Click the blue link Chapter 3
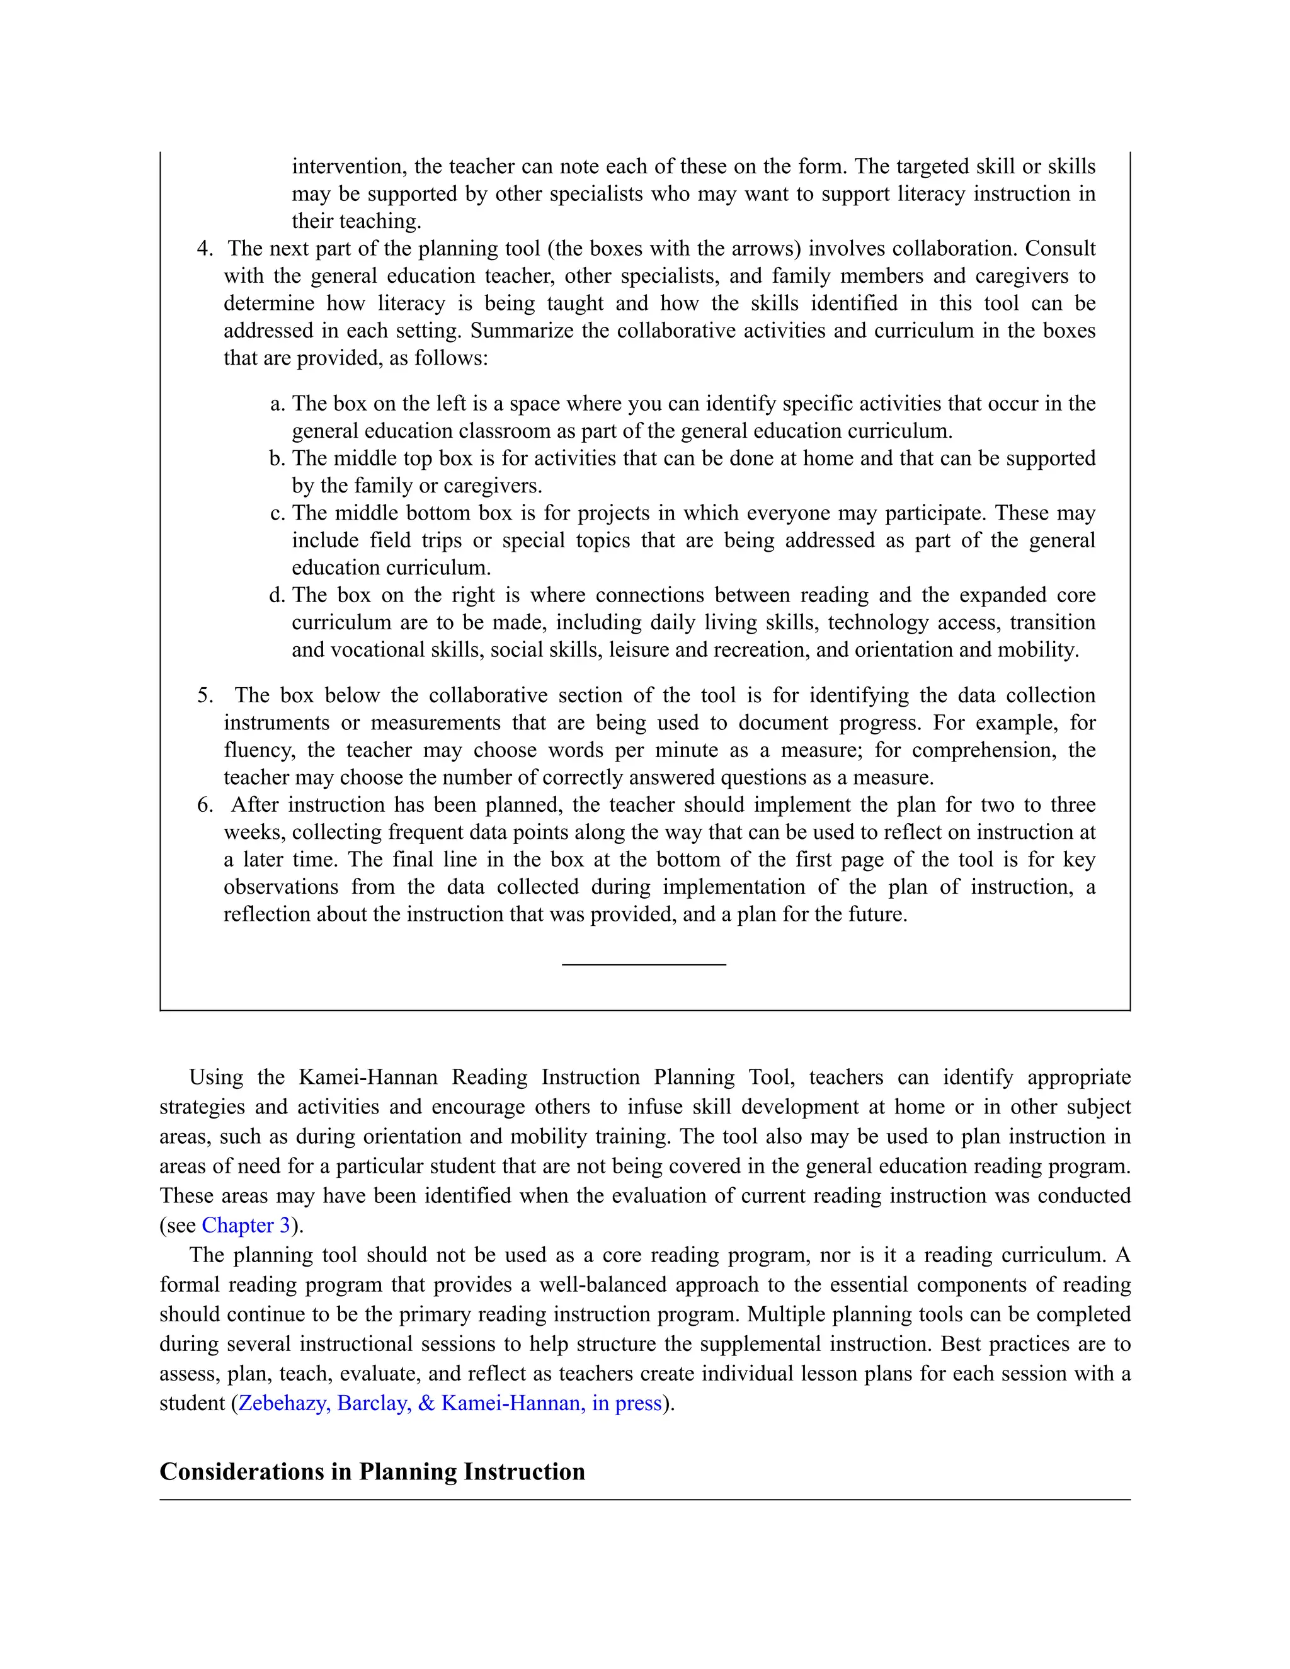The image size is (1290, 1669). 245,1226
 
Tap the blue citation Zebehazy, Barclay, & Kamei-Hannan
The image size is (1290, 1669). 449,1404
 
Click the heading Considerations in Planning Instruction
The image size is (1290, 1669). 372,1472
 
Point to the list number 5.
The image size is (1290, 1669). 204,695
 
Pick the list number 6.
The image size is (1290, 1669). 204,805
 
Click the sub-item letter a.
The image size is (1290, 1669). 277,404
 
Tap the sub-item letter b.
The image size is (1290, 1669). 277,459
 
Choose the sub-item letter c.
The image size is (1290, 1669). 277,513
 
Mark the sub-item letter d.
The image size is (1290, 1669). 277,595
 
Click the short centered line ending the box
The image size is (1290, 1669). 644,965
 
